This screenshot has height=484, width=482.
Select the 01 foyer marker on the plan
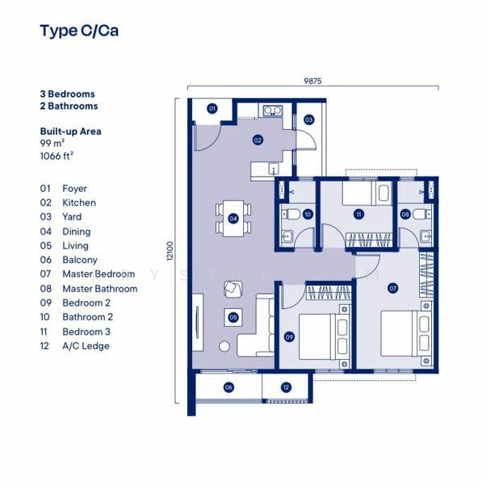click(212, 108)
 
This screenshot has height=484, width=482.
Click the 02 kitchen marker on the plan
click(258, 140)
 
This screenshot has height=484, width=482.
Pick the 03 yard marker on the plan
click(308, 119)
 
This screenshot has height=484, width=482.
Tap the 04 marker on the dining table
click(233, 218)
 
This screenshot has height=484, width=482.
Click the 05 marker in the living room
click(233, 317)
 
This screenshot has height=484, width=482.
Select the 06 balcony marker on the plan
click(228, 388)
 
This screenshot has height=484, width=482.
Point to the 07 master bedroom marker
click(393, 287)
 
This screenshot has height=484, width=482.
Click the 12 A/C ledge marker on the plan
click(286, 388)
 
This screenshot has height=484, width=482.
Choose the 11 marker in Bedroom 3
click(358, 214)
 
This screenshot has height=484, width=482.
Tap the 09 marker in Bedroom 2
click(289, 337)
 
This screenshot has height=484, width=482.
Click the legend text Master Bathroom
click(99, 289)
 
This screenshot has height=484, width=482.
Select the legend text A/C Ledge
click(86, 346)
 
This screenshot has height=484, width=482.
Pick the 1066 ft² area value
click(57, 157)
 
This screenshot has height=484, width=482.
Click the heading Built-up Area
click(70, 131)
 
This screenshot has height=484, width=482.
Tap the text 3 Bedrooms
click(67, 94)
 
